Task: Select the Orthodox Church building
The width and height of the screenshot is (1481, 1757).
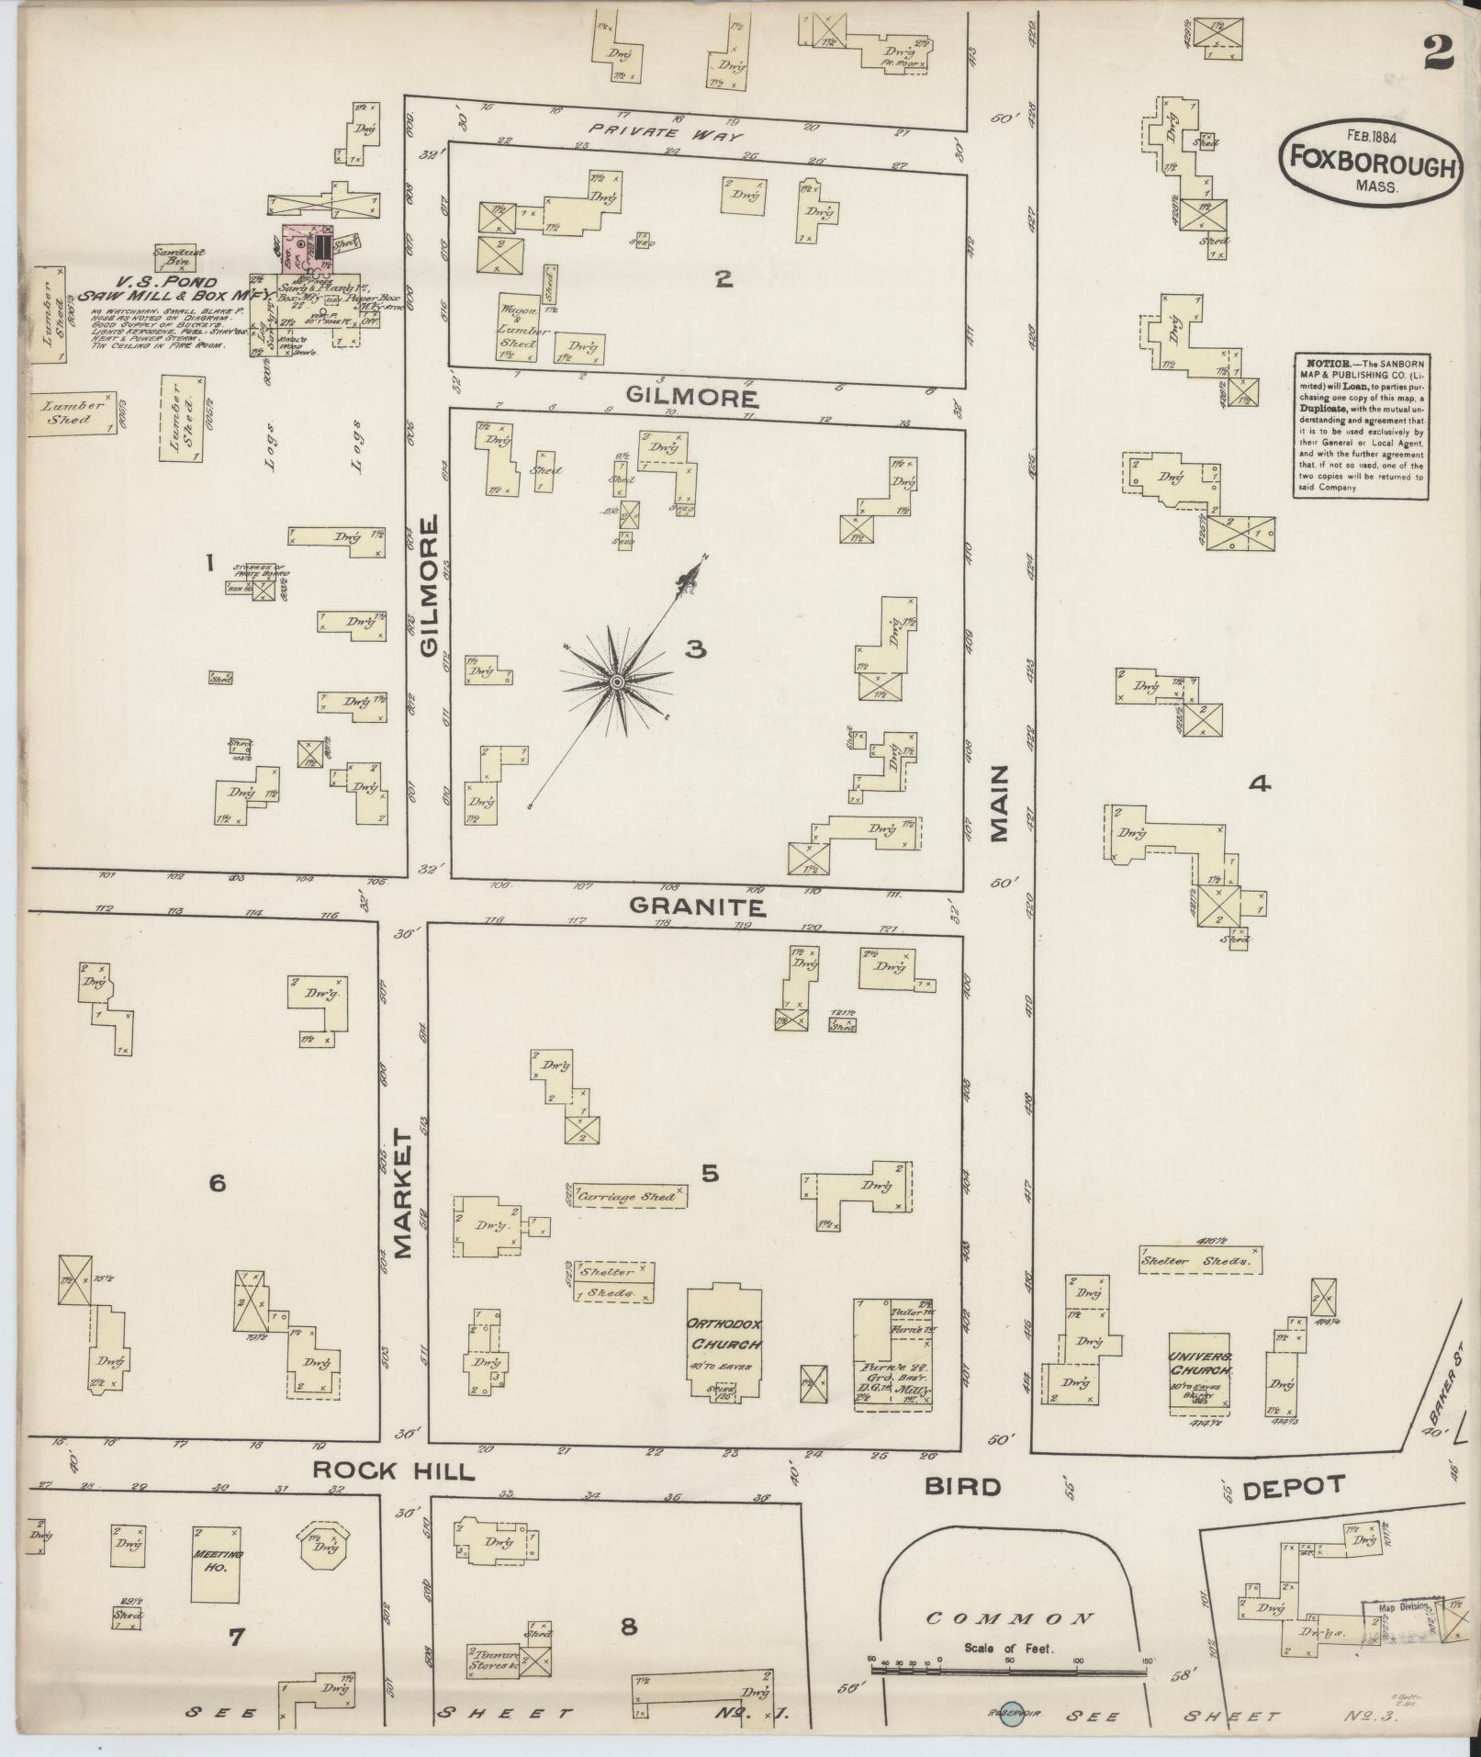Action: tap(724, 1350)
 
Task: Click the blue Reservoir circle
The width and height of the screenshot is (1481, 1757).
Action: tap(1011, 1712)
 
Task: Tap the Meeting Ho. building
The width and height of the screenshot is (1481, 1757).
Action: tap(219, 1561)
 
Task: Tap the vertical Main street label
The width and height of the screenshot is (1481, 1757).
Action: tap(999, 805)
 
